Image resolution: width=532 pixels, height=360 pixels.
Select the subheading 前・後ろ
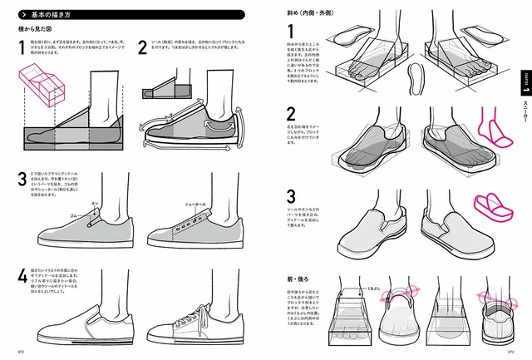[299, 273]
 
